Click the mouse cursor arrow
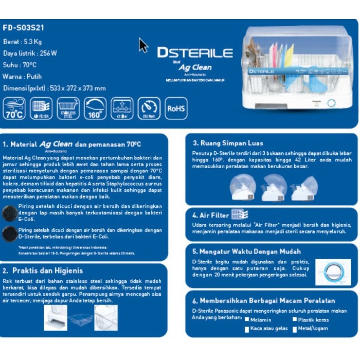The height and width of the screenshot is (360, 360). [143, 45]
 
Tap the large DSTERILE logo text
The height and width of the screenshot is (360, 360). [194, 52]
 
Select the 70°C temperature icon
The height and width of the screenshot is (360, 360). [14, 108]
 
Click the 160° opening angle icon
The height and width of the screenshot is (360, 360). [95, 108]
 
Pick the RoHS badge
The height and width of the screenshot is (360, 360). [176, 109]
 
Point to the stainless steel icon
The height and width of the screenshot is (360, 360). [68, 108]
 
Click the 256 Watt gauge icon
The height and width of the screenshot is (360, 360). [149, 108]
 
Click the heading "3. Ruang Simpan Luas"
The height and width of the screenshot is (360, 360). [228, 143]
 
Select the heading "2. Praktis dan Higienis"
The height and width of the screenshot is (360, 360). [43, 270]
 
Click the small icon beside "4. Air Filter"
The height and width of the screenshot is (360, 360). [240, 214]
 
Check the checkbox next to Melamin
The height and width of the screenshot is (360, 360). [247, 319]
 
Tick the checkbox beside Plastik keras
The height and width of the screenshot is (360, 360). [295, 319]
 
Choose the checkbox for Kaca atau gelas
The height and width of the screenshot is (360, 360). [247, 328]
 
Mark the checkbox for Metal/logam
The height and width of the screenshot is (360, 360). [295, 328]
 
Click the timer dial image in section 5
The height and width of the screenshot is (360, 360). [332, 273]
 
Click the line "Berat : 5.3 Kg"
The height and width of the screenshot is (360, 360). [24, 41]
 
